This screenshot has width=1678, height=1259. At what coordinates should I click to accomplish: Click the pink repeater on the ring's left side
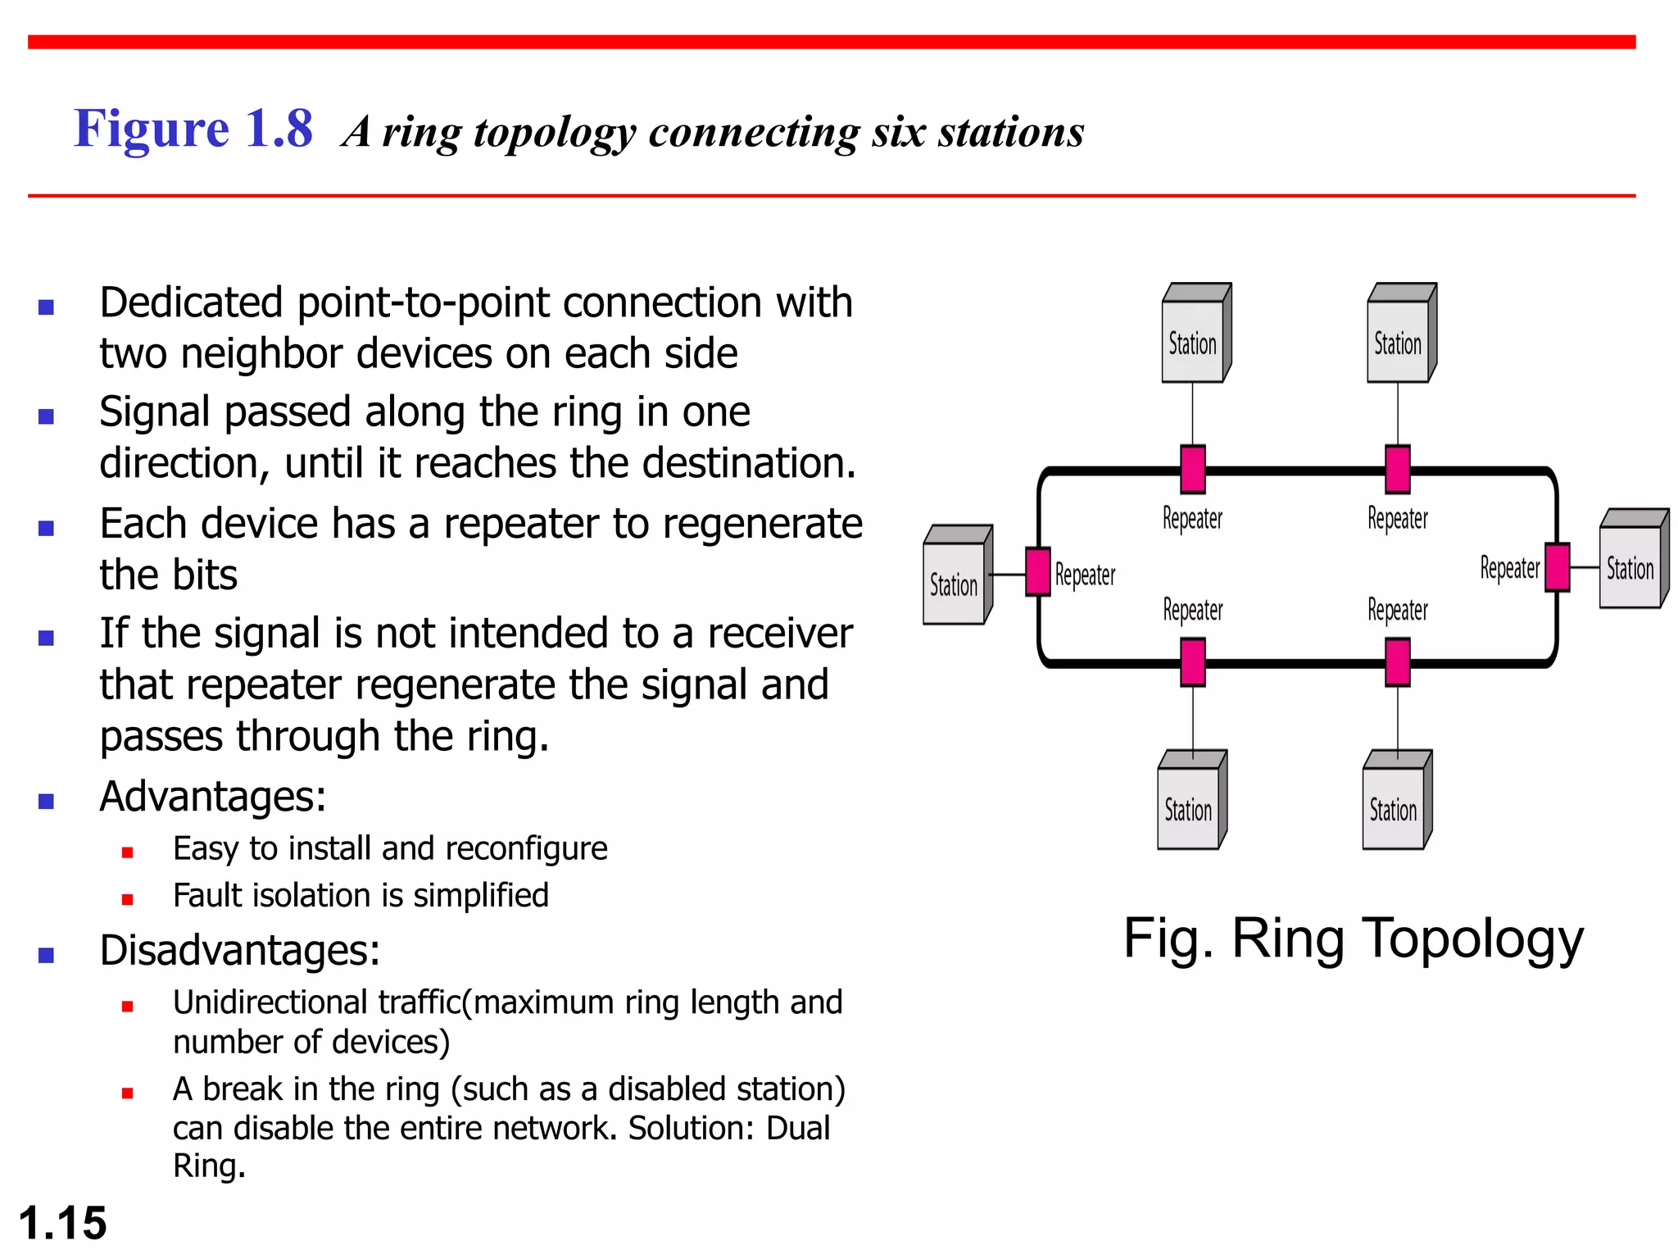point(1038,571)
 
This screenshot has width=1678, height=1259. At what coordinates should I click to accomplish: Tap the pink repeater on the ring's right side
point(1557,567)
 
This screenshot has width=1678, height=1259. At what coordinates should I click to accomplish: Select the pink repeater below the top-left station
point(1193,469)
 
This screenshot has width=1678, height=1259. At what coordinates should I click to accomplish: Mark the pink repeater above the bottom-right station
point(1398,662)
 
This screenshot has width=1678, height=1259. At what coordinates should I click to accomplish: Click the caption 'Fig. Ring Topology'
point(1353,939)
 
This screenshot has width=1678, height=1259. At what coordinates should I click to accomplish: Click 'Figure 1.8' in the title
point(193,130)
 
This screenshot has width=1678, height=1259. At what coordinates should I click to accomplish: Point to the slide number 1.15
point(62,1223)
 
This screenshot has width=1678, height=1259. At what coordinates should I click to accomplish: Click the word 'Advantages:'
point(213,797)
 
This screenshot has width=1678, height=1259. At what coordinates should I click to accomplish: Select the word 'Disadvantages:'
point(240,951)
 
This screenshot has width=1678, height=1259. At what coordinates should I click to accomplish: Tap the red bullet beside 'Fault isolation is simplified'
point(127,899)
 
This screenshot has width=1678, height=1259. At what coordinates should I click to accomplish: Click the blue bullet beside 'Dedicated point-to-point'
point(46,307)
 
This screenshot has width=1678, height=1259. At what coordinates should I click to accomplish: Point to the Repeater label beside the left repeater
point(1085,575)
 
